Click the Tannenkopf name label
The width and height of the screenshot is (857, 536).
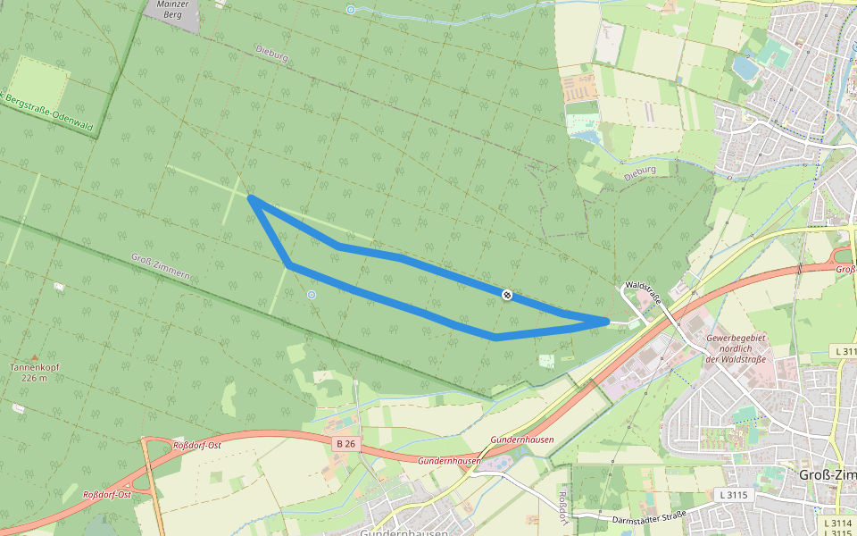(x=35, y=367)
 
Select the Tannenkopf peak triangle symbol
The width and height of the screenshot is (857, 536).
(x=35, y=356)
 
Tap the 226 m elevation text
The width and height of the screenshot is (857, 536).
(x=35, y=378)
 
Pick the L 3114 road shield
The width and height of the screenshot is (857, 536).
(x=837, y=523)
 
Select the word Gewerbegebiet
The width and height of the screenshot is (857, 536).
(x=737, y=339)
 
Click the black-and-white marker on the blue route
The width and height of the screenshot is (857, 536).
(x=507, y=294)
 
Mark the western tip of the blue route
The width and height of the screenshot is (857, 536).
(x=251, y=198)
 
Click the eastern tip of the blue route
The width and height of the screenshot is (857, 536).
(x=607, y=321)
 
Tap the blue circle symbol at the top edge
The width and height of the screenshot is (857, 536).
(x=351, y=10)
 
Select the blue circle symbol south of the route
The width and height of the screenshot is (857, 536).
(x=312, y=294)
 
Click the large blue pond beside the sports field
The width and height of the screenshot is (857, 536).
(x=745, y=66)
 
